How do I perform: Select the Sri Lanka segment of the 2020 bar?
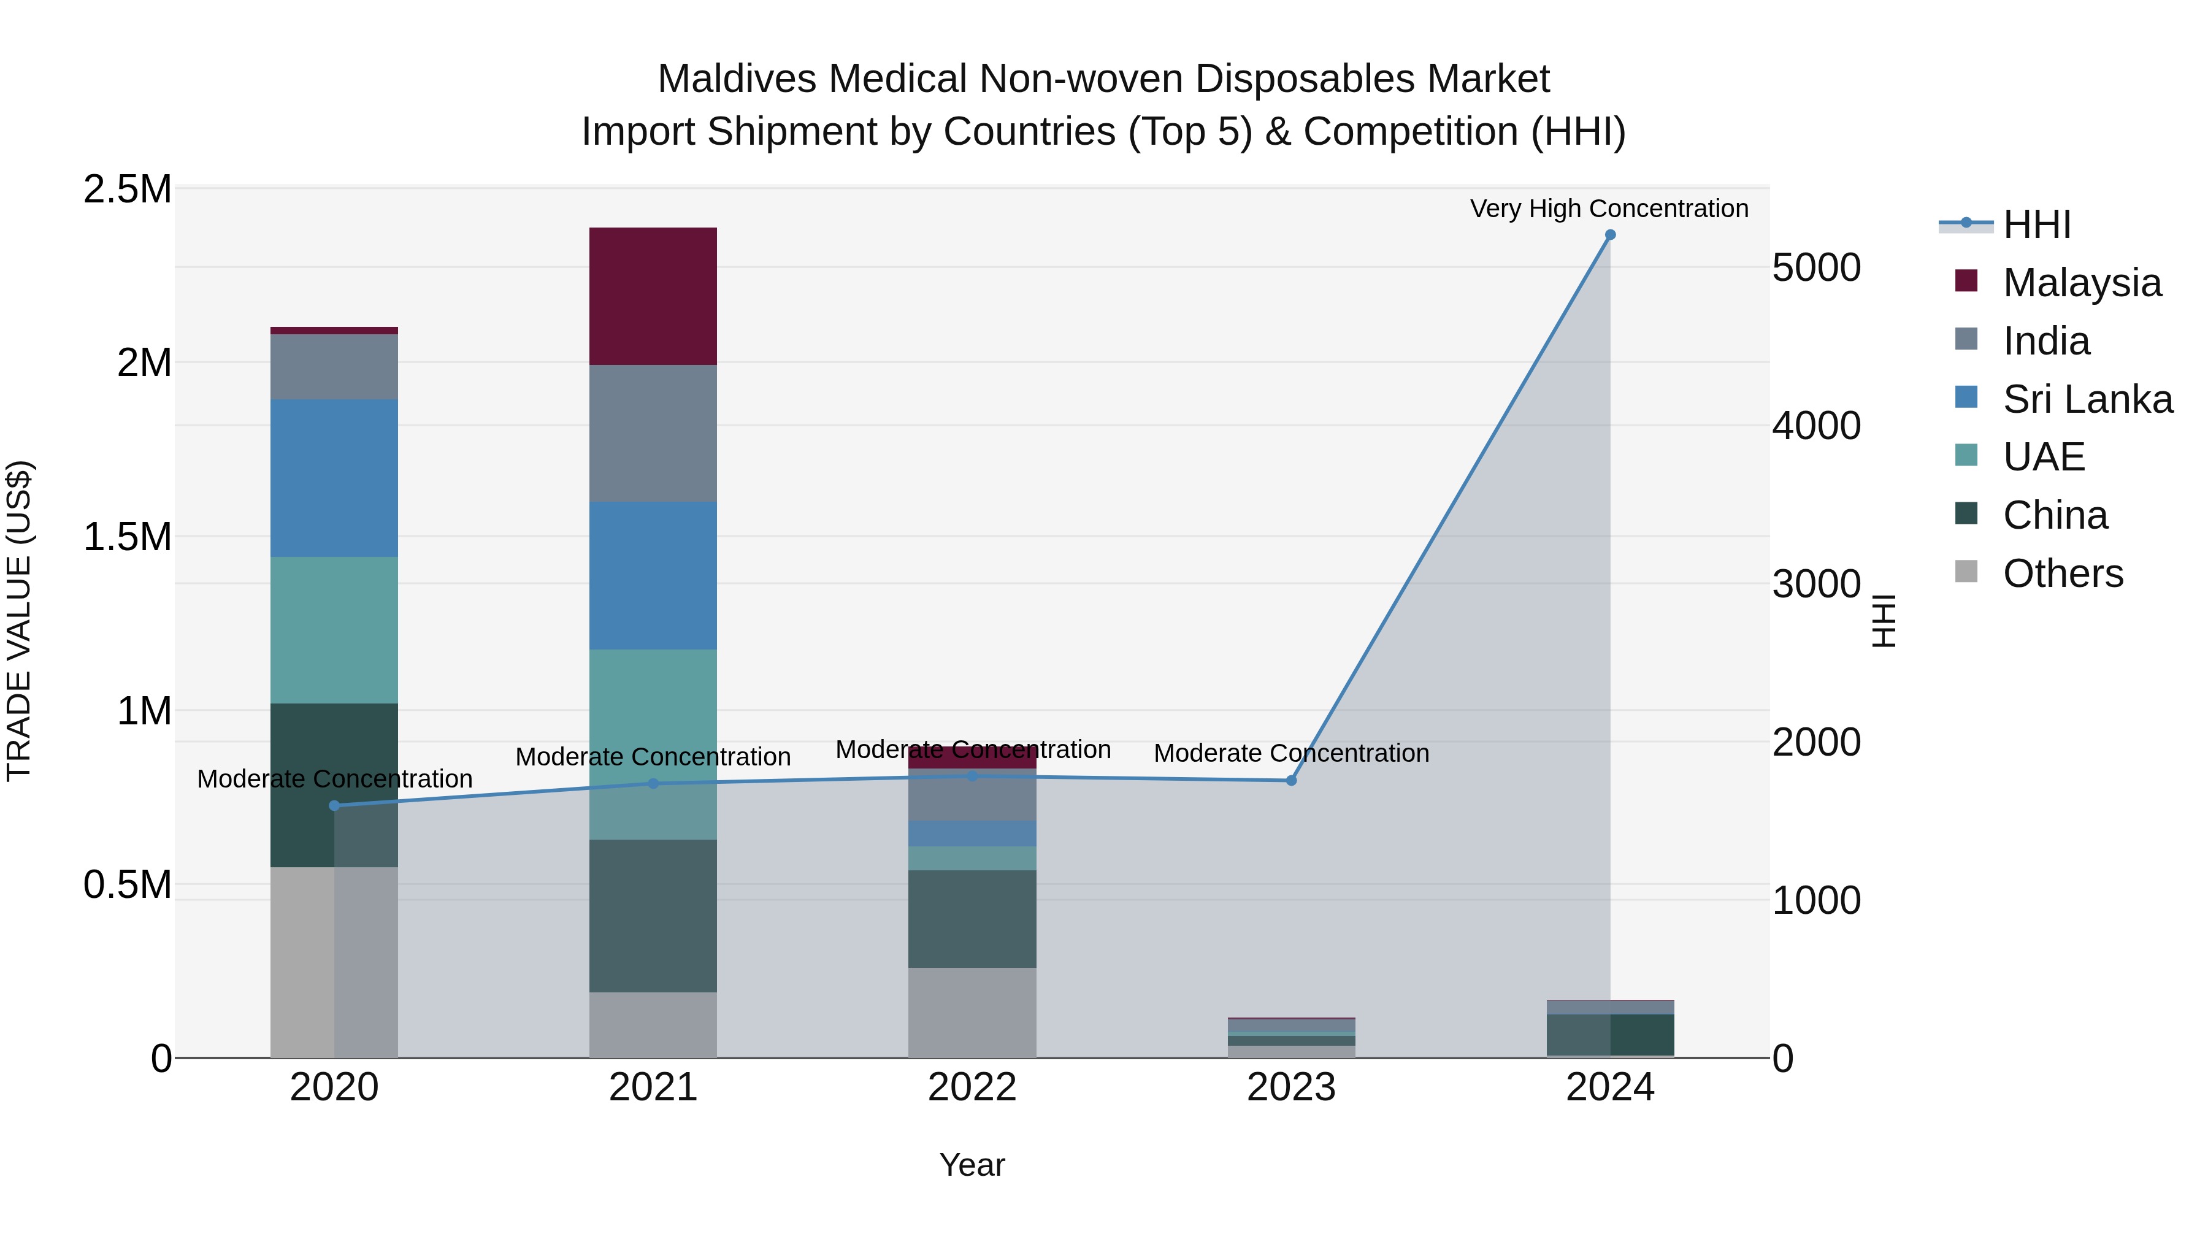click(x=334, y=478)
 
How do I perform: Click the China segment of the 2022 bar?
click(x=972, y=919)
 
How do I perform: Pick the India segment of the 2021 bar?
click(x=653, y=433)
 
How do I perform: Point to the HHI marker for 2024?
click(x=1610, y=235)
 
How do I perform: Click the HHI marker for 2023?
click(x=1291, y=781)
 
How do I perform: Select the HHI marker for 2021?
click(x=653, y=783)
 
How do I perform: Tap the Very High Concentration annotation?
click(x=1609, y=209)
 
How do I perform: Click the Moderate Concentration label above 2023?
click(x=1291, y=753)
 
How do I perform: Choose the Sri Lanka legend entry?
click(x=2087, y=399)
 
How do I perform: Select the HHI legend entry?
click(x=2036, y=224)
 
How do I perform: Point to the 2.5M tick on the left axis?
click(x=128, y=190)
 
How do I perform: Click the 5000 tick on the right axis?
click(x=1816, y=268)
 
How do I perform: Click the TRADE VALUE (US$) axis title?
click(x=19, y=621)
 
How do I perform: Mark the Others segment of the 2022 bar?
click(x=972, y=1012)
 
